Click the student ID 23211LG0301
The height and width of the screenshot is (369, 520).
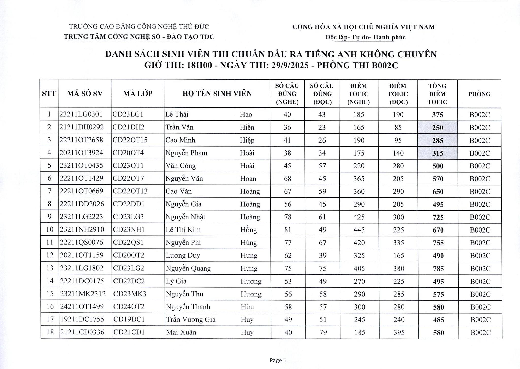click(81, 114)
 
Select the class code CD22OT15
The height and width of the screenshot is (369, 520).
click(130, 140)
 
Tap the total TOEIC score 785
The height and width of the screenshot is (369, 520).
click(438, 269)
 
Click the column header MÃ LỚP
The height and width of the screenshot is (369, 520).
click(138, 94)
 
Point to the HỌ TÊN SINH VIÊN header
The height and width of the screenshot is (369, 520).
click(217, 94)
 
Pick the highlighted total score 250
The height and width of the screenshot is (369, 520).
click(437, 128)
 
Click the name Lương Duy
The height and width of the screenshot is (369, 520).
click(183, 255)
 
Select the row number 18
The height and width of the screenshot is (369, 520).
click(50, 332)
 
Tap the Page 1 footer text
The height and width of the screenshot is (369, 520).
click(278, 360)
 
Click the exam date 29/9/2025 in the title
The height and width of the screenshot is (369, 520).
click(290, 65)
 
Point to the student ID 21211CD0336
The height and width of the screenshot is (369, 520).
click(82, 332)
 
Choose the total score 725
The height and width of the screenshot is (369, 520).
click(438, 217)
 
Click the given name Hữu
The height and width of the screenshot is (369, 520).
click(247, 307)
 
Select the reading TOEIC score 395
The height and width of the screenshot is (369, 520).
click(399, 332)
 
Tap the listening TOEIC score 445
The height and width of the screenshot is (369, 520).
click(359, 230)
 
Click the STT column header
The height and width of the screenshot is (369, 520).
click(49, 94)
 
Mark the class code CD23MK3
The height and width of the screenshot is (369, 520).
click(130, 294)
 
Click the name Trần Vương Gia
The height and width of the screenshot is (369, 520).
click(190, 319)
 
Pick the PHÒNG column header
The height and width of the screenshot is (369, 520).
click(479, 94)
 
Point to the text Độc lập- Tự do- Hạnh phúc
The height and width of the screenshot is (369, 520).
click(365, 37)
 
